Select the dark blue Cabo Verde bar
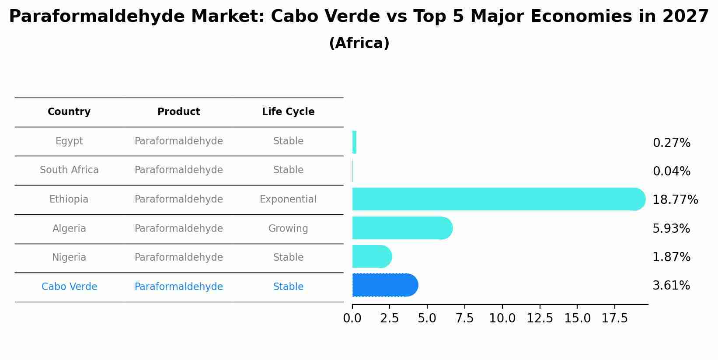385,285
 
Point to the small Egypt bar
354,142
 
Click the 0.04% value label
671,171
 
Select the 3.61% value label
671,286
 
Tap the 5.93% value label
671,229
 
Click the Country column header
69,112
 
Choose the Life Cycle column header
288,112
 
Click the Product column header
179,112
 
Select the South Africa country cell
69,170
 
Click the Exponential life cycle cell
288,199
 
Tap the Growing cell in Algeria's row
288,229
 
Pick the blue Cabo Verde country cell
69,287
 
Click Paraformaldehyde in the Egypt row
179,141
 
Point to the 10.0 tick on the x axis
502,318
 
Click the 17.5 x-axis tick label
615,318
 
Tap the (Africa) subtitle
359,43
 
